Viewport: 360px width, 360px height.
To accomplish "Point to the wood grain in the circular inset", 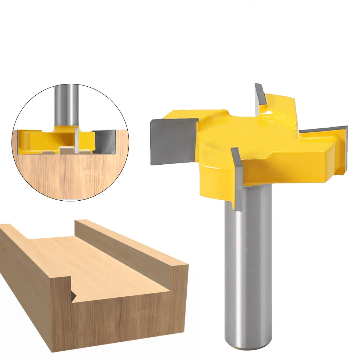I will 65,176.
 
